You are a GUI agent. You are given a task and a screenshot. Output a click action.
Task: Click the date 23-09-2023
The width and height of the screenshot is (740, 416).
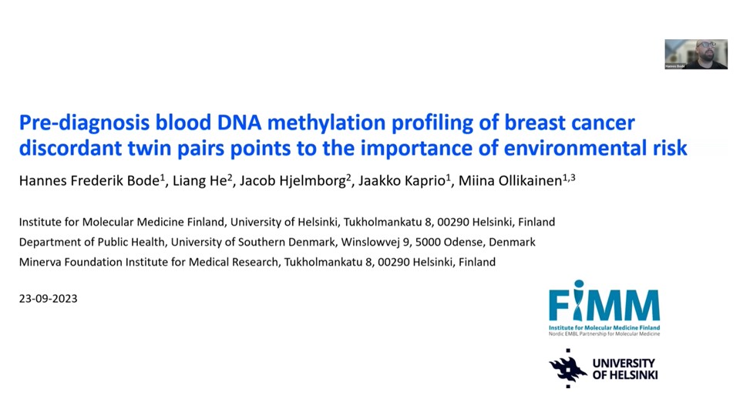tap(48, 299)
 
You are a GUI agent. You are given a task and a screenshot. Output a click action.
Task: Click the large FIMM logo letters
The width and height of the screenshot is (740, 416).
tap(604, 305)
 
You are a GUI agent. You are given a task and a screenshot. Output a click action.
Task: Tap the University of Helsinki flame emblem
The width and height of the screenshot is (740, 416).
tap(567, 368)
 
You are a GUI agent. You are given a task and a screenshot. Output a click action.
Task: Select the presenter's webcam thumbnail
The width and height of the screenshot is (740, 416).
tap(695, 54)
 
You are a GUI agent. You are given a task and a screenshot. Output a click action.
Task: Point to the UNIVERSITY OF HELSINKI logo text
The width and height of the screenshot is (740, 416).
tap(624, 369)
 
